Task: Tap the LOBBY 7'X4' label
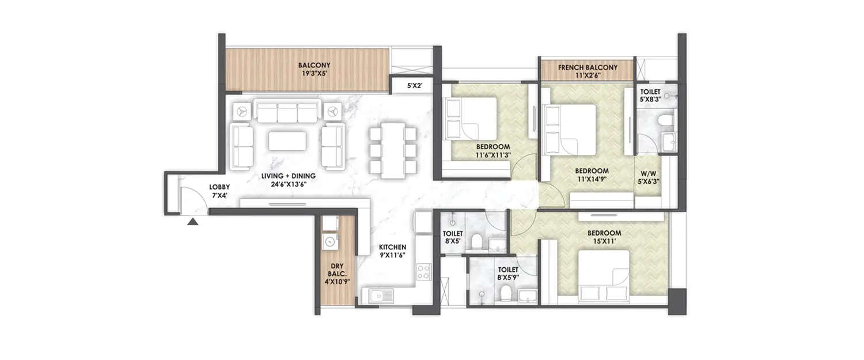click(219, 191)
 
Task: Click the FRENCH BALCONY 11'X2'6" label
click(588, 71)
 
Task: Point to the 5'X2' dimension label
click(415, 86)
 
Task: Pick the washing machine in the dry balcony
click(329, 242)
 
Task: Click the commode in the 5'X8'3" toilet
click(667, 120)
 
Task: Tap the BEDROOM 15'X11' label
click(604, 237)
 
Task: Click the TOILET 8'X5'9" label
click(507, 273)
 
